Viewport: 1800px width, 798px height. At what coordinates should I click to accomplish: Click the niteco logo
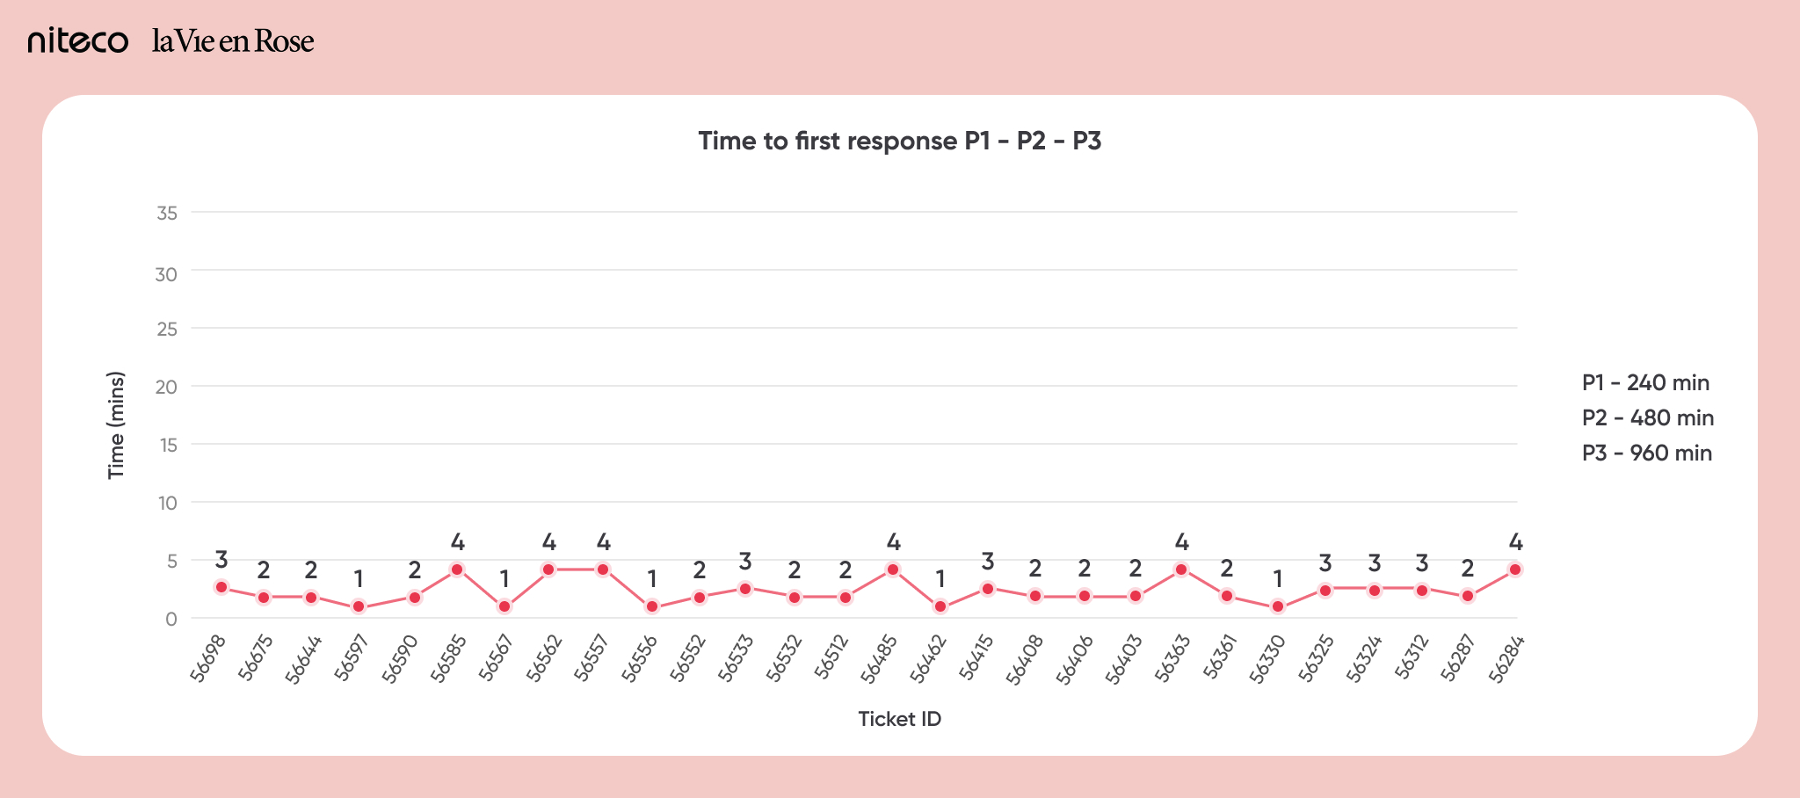[78, 41]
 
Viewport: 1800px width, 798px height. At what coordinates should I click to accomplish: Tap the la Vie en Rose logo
[233, 41]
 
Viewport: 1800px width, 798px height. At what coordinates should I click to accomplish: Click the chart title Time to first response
[899, 141]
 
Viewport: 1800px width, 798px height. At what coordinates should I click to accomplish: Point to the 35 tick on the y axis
[166, 213]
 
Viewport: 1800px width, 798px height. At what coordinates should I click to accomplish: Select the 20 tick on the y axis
[166, 387]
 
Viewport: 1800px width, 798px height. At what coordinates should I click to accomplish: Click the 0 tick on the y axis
[171, 619]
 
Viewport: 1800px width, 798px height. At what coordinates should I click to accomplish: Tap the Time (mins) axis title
[116, 425]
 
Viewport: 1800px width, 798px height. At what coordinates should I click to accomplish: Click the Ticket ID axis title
[899, 719]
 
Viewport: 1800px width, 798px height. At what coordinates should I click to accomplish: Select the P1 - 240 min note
[1645, 382]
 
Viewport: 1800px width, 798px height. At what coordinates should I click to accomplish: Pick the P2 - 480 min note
[1648, 417]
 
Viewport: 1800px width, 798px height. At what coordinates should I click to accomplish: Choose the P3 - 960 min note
[1647, 453]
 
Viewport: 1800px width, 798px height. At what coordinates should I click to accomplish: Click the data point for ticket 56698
[221, 587]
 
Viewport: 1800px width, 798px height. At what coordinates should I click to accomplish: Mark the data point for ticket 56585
[457, 569]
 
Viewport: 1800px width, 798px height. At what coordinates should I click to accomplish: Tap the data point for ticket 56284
[1515, 569]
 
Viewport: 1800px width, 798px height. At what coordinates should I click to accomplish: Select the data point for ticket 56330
[1278, 606]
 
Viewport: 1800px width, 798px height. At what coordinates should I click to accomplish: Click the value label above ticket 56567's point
[504, 579]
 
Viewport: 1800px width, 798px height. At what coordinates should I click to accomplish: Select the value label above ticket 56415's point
[988, 561]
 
